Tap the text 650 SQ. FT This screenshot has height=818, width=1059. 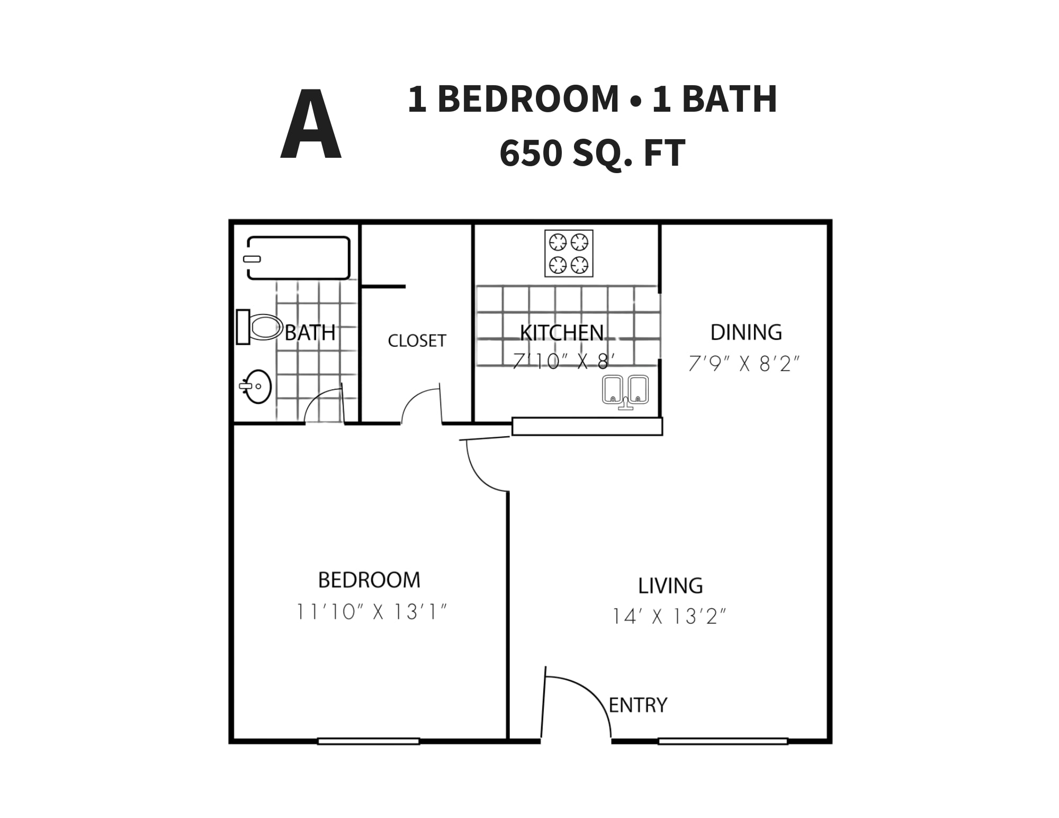(592, 153)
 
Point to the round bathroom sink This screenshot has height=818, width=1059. (257, 386)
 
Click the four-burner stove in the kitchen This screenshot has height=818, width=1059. (569, 253)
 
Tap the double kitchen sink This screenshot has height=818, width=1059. (625, 391)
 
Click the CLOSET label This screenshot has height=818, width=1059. (417, 340)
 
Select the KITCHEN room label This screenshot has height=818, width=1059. (562, 332)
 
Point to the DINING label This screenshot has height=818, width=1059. (746, 332)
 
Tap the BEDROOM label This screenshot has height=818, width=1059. (369, 580)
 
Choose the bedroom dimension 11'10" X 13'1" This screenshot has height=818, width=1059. (372, 612)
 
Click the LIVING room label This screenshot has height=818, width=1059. (670, 586)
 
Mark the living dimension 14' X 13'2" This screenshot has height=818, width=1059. (669, 616)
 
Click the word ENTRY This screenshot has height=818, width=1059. (638, 705)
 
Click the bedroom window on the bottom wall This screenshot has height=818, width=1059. (369, 741)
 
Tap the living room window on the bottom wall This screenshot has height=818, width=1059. (723, 741)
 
